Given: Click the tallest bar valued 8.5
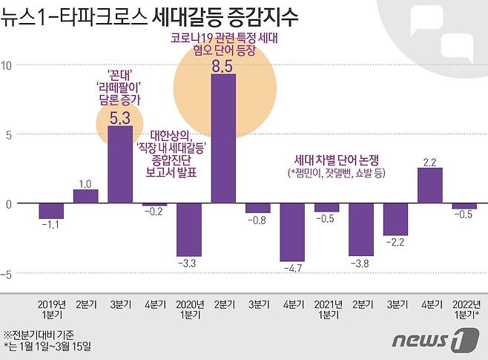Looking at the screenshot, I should click(x=223, y=139).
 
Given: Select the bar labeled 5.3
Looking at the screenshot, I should click(x=120, y=165).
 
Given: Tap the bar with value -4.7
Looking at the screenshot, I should click(x=292, y=232).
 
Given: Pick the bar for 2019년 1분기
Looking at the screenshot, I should click(x=51, y=211).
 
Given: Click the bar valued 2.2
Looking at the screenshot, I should click(x=430, y=186).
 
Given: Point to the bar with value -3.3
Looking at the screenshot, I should click(x=189, y=229).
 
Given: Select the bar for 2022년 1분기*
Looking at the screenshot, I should click(x=464, y=206).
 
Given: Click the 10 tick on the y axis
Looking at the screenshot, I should click(x=6, y=65).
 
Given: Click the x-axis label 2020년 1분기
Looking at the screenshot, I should click(x=189, y=310).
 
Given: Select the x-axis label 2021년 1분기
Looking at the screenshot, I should click(x=326, y=310).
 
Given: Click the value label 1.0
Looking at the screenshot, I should click(x=85, y=183).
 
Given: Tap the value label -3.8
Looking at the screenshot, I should click(x=360, y=263).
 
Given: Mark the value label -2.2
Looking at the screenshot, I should click(x=395, y=242).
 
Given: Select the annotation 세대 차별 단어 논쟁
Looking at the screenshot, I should click(x=341, y=159).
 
